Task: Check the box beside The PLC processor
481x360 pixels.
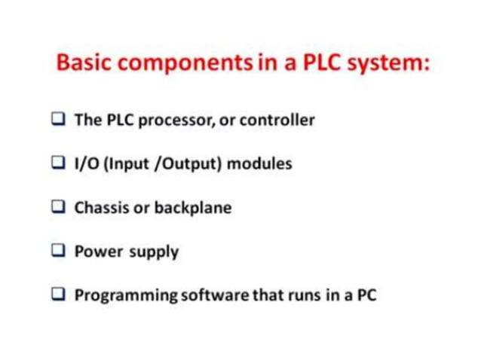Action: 58,119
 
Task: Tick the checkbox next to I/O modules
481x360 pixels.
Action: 58,163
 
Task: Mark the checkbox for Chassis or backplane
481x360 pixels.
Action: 58,207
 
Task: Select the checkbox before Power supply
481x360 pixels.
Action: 58,251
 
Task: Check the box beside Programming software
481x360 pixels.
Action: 58,294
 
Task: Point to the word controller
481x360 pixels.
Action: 277,120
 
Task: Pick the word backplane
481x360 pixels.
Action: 192,208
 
